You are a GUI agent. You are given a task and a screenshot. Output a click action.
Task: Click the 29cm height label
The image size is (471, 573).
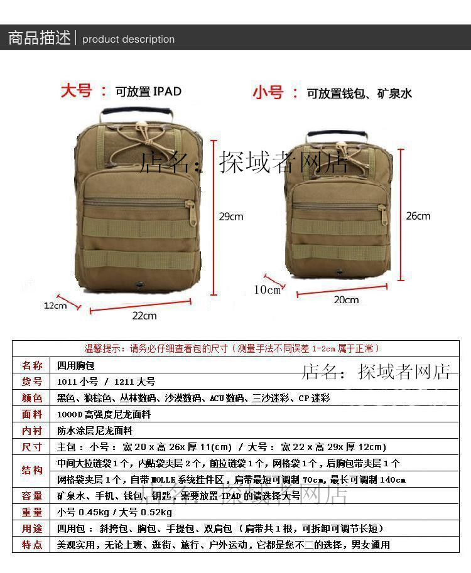(230, 217)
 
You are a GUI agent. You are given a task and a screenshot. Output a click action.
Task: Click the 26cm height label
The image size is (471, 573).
(418, 216)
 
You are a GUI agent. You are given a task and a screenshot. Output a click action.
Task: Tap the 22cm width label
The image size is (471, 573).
(144, 315)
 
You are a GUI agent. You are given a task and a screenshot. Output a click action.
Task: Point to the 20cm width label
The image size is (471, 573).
(346, 300)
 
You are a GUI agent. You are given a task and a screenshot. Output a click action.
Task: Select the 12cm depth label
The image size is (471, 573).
(55, 306)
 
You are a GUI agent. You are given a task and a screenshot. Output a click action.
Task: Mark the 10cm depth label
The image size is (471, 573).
(267, 289)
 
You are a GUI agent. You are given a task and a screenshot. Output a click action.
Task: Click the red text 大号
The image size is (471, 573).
(77, 90)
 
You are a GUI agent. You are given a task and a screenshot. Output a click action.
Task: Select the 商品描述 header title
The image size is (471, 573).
(39, 38)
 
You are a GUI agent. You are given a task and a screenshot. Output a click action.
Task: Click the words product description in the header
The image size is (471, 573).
(129, 39)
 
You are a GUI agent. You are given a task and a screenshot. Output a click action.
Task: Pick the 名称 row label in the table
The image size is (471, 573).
(32, 365)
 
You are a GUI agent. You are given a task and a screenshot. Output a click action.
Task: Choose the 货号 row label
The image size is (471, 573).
(32, 382)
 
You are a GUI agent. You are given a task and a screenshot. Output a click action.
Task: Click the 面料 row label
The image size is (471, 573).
(32, 414)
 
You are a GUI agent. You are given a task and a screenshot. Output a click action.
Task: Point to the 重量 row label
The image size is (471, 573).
(32, 512)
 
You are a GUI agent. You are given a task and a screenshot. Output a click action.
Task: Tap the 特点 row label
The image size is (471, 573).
(32, 545)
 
